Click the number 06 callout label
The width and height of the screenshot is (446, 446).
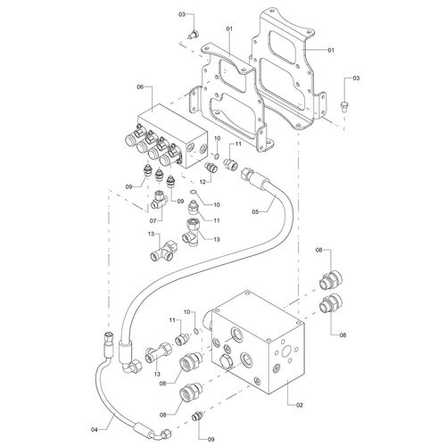pos(140,87)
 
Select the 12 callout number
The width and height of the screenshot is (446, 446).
pos(202,182)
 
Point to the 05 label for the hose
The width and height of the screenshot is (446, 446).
pos(255,211)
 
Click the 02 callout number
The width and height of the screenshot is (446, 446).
pos(300,405)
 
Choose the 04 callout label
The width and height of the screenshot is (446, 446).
pos(95,429)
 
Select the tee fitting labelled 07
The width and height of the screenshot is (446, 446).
pos(160,200)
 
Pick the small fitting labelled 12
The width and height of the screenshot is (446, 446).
pos(211,167)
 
